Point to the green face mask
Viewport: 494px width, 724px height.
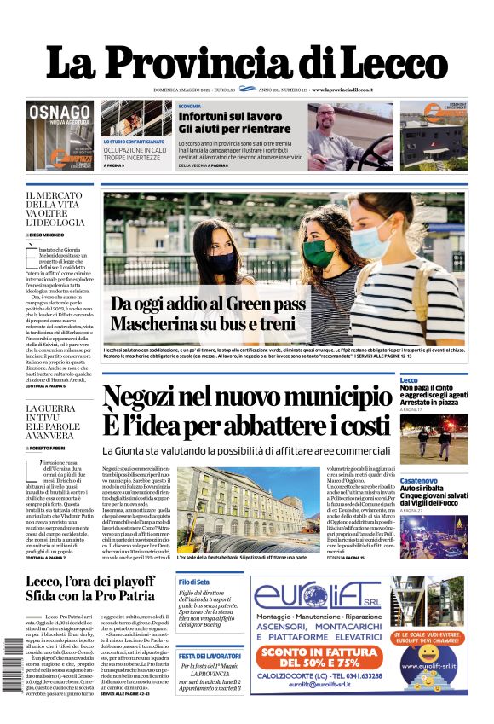point(316,253)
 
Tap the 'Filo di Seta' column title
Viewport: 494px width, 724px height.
point(195,582)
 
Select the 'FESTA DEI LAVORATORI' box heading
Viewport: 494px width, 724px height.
point(210,656)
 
